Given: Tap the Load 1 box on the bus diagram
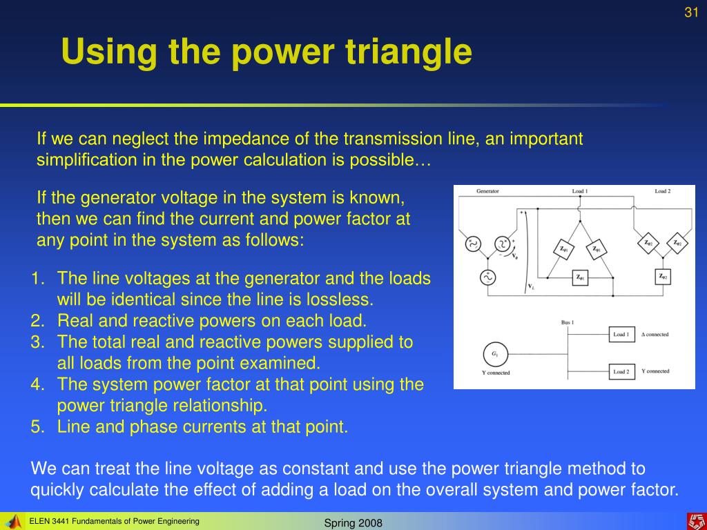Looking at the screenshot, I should pyautogui.click(x=621, y=335).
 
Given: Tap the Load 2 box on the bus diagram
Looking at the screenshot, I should pyautogui.click(x=621, y=372).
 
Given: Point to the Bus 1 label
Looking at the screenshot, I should pyautogui.click(x=568, y=322).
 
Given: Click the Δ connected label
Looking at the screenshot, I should pyautogui.click(x=655, y=335).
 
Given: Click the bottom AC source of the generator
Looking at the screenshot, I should pyautogui.click(x=487, y=277).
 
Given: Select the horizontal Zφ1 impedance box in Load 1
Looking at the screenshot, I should pyautogui.click(x=581, y=278).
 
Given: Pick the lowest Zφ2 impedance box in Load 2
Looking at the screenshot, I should pyautogui.click(x=662, y=277).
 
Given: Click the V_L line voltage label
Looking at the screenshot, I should pyautogui.click(x=531, y=286).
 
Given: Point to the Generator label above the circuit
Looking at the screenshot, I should pyautogui.click(x=487, y=191).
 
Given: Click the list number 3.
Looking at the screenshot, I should pyautogui.click(x=37, y=342).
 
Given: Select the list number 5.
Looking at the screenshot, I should pyautogui.click(x=37, y=426).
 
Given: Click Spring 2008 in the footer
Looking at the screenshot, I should pyautogui.click(x=353, y=522).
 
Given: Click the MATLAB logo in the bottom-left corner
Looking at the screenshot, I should pyautogui.click(x=12, y=521).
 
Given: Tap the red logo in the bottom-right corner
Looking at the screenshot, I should pyautogui.click(x=695, y=521).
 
